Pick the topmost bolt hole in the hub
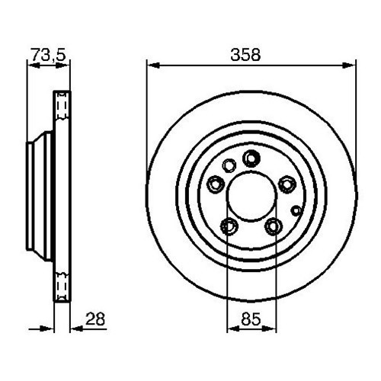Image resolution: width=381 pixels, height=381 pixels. (x=251, y=158)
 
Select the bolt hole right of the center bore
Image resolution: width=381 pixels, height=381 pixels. (x=287, y=183)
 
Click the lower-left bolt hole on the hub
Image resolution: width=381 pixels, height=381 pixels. (x=229, y=225)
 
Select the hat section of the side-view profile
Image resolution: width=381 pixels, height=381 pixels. (x=38, y=195)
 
